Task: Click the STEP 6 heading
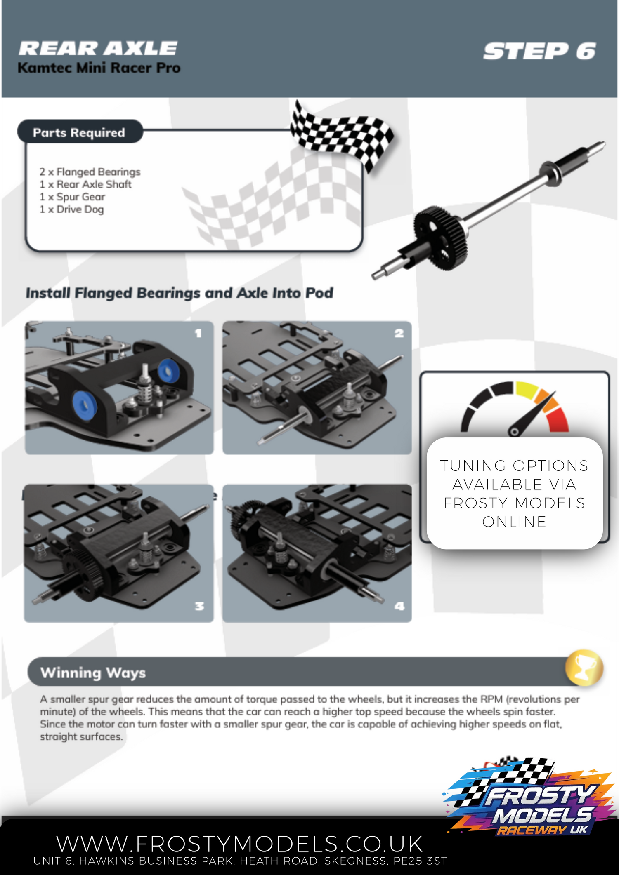[x=539, y=52]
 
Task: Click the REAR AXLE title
[x=98, y=48]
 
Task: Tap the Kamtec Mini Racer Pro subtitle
[x=99, y=68]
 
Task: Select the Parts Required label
[x=79, y=132]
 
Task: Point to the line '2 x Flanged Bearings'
[x=90, y=172]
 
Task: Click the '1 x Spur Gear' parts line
[x=72, y=197]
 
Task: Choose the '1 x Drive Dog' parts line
[x=71, y=209]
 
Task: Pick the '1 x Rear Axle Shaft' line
[x=85, y=184]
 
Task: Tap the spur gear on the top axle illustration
[x=440, y=238]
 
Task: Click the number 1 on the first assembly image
[x=198, y=333]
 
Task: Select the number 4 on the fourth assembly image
[x=399, y=606]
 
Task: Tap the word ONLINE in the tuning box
[x=514, y=522]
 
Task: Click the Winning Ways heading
[x=93, y=673]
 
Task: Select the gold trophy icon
[x=584, y=668]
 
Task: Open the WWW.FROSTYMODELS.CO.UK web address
[x=239, y=844]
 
